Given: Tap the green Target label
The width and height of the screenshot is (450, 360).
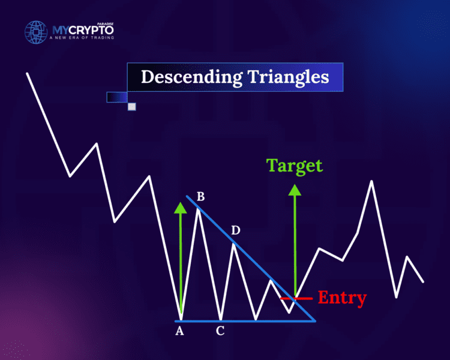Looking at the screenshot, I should point(295,166).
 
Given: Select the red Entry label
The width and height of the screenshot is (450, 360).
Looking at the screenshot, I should point(341,298).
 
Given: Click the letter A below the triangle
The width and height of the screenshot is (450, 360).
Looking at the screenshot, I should point(179,331).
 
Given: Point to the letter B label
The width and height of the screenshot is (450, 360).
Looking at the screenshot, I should point(200,196).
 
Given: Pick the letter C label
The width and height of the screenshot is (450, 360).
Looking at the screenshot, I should point(220,331).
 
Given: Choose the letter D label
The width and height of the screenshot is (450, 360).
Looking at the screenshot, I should point(236,230).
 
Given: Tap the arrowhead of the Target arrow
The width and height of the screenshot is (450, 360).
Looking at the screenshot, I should point(295,190).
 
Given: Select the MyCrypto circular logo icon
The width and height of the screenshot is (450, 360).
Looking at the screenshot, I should point(36,34).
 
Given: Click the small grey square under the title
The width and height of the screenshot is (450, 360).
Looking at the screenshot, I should point(132,107).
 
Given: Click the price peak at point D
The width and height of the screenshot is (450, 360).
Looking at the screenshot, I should point(234,243).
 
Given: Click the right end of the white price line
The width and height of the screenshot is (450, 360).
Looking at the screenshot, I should point(423,281).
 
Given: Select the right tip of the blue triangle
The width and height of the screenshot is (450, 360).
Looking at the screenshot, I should point(314,320).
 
